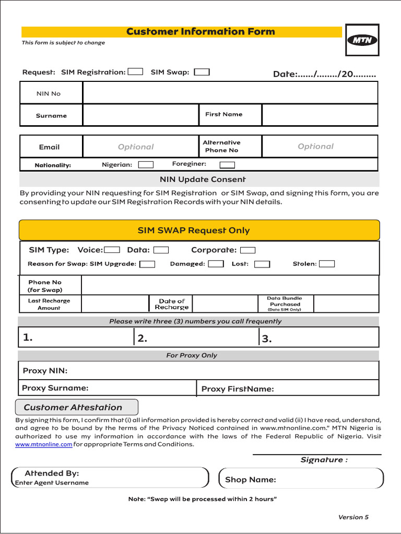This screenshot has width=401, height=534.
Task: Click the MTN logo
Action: pyautogui.click(x=362, y=40)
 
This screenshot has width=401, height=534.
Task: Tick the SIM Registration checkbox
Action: pyautogui.click(x=135, y=72)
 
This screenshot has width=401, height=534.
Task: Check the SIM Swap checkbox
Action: pyautogui.click(x=202, y=72)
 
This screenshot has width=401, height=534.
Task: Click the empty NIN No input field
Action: pyautogui.click(x=230, y=93)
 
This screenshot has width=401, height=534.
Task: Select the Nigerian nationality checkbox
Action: pyautogui.click(x=146, y=165)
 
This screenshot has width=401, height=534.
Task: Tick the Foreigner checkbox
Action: pyautogui.click(x=227, y=165)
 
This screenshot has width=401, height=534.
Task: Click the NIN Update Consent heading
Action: pyautogui.click(x=203, y=179)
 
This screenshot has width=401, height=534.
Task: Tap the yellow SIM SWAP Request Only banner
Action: pyautogui.click(x=199, y=230)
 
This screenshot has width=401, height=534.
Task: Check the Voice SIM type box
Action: pyautogui.click(x=112, y=250)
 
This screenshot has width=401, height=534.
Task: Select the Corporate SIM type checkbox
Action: pyautogui.click(x=247, y=250)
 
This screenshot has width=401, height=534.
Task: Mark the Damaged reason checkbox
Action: pyautogui.click(x=216, y=264)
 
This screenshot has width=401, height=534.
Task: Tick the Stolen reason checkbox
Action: pyautogui.click(x=327, y=264)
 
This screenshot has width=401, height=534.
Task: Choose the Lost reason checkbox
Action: pyautogui.click(x=262, y=264)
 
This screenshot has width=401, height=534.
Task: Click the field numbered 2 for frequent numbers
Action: pyautogui.click(x=196, y=338)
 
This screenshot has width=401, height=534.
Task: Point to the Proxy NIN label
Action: pyautogui.click(x=45, y=371)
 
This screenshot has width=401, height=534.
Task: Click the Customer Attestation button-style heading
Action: pyautogui.click(x=76, y=407)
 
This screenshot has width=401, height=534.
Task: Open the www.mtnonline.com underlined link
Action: pyautogui.click(x=43, y=444)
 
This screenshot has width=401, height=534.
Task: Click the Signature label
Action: pyautogui.click(x=324, y=460)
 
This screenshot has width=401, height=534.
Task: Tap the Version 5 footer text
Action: pyautogui.click(x=353, y=517)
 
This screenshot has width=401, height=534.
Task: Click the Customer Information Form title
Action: pyautogui.click(x=200, y=32)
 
